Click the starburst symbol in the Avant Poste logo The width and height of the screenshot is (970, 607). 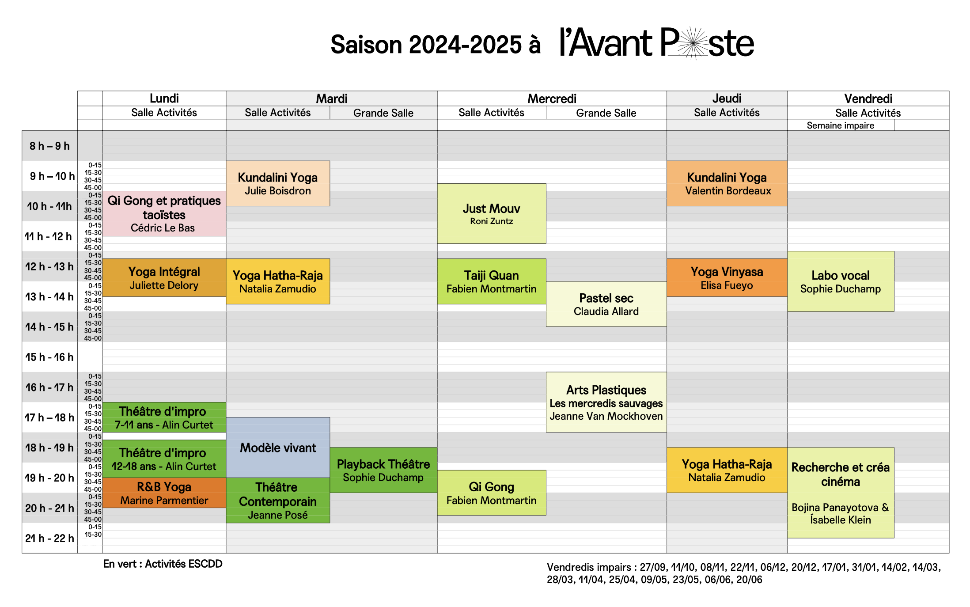694,43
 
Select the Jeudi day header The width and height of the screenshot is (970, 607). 727,98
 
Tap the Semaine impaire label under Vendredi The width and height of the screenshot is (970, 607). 840,125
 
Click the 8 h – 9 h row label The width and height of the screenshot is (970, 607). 49,146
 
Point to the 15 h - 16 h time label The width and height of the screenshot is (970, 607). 49,357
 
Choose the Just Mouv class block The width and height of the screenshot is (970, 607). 492,213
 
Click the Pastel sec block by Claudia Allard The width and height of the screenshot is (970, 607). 606,304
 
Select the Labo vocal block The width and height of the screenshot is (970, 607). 841,281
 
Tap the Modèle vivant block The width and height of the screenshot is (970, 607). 278,448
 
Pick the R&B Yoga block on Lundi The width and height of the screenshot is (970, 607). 164,493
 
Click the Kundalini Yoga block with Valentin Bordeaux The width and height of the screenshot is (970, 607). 727,183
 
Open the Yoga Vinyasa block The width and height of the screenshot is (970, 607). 727,277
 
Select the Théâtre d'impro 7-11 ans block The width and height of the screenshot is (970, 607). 164,417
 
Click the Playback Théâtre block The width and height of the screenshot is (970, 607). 383,470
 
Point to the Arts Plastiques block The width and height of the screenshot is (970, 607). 606,402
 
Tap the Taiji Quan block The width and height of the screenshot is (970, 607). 492,281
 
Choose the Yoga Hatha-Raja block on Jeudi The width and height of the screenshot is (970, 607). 727,470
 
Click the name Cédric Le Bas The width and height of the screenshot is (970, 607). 163,228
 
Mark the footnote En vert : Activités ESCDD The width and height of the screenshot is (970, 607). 163,564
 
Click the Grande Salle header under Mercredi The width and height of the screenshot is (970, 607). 606,113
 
